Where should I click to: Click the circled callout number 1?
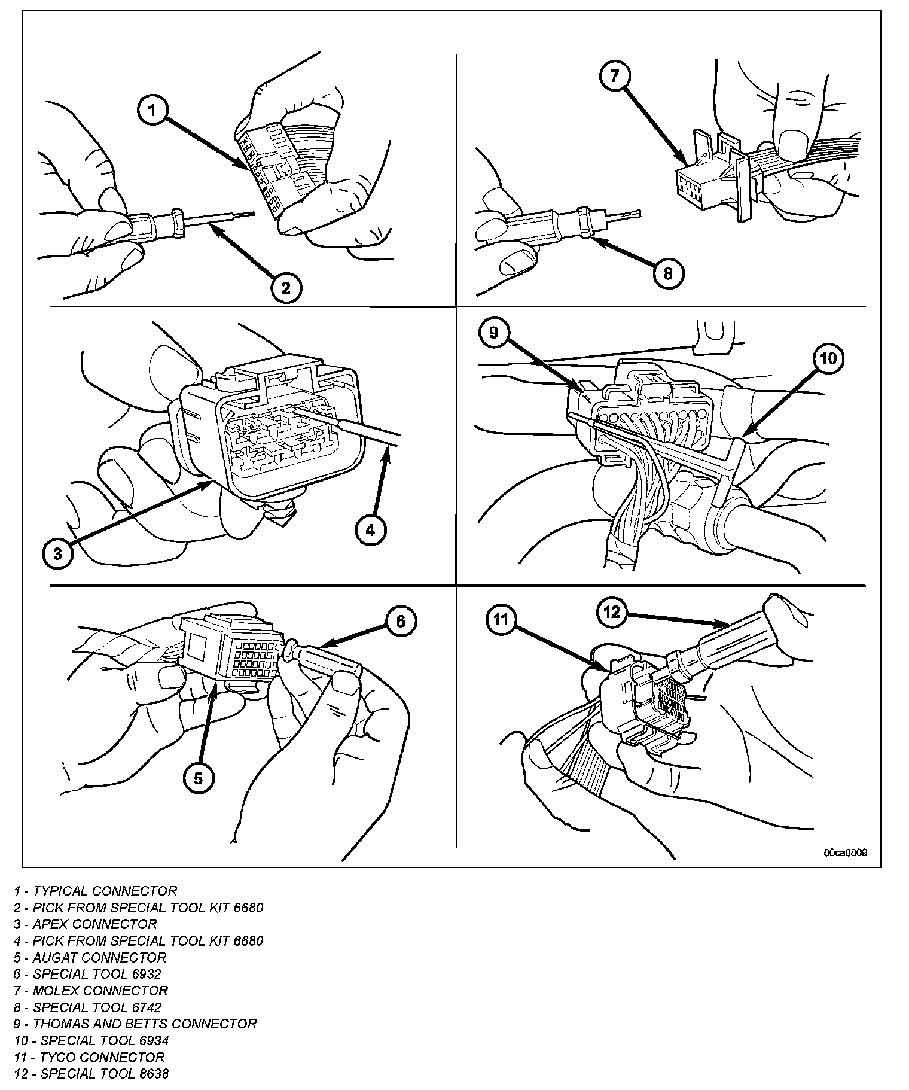(152, 111)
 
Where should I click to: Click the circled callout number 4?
(370, 529)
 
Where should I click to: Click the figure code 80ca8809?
(844, 852)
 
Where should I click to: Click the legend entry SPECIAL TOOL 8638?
(91, 1073)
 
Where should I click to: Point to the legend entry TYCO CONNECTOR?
(89, 1057)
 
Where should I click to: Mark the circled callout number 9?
(493, 333)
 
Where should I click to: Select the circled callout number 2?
(285, 288)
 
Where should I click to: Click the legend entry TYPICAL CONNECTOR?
(96, 891)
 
